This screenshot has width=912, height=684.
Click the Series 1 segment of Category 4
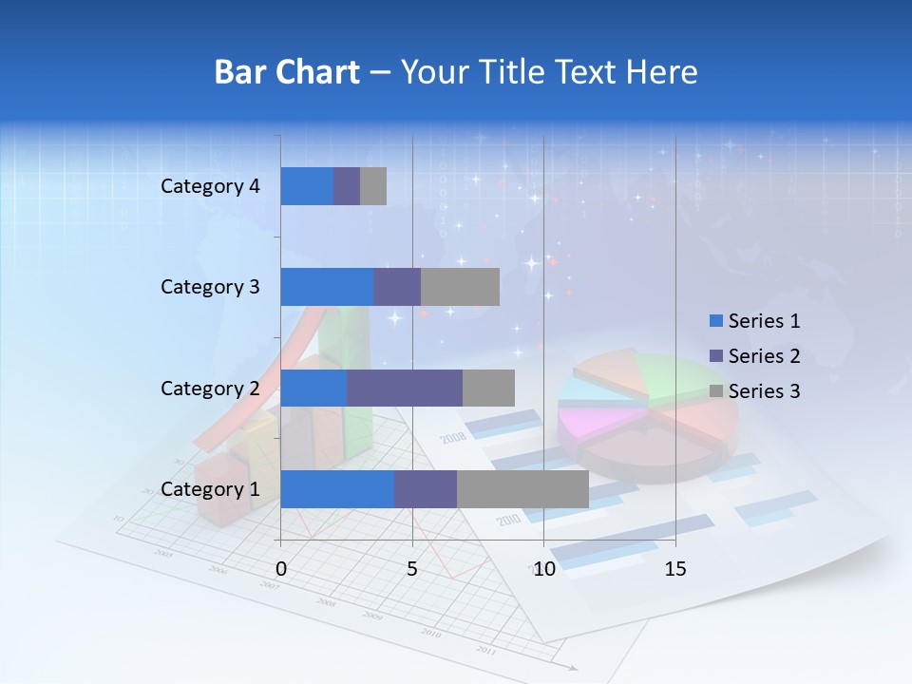307,186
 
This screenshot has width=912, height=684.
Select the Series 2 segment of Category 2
405,389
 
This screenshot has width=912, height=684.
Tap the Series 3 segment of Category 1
522,489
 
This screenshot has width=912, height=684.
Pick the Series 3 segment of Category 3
460,287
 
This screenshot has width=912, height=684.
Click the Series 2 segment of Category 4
347,186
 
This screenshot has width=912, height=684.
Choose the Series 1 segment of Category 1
337,489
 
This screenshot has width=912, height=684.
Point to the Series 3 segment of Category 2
488,389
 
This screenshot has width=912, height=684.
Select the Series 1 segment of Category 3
327,287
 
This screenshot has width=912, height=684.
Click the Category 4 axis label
210,186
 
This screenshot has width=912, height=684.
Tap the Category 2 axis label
210,389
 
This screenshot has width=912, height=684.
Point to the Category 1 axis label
210,489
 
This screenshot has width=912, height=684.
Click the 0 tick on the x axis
281,569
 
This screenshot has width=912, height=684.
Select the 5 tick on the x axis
412,569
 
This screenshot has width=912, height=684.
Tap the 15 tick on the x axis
675,569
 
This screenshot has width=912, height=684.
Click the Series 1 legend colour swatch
716,321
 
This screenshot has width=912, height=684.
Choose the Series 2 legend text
764,356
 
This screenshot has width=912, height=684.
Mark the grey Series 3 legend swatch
716,391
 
